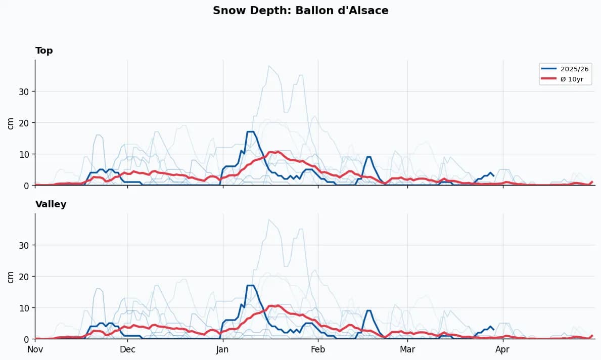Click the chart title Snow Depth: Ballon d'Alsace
point(300,11)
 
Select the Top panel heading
point(44,51)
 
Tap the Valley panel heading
point(51,204)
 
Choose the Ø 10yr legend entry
point(572,79)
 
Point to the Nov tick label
point(35,349)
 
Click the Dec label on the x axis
point(127,349)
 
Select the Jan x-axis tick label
point(222,349)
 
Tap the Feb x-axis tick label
point(318,349)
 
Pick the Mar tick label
point(407,349)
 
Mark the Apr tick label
point(502,349)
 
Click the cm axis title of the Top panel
point(11,123)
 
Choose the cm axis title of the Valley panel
point(11,277)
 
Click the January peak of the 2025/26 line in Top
point(250,131)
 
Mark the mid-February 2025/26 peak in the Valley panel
point(369,310)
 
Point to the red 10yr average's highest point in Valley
point(276,305)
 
